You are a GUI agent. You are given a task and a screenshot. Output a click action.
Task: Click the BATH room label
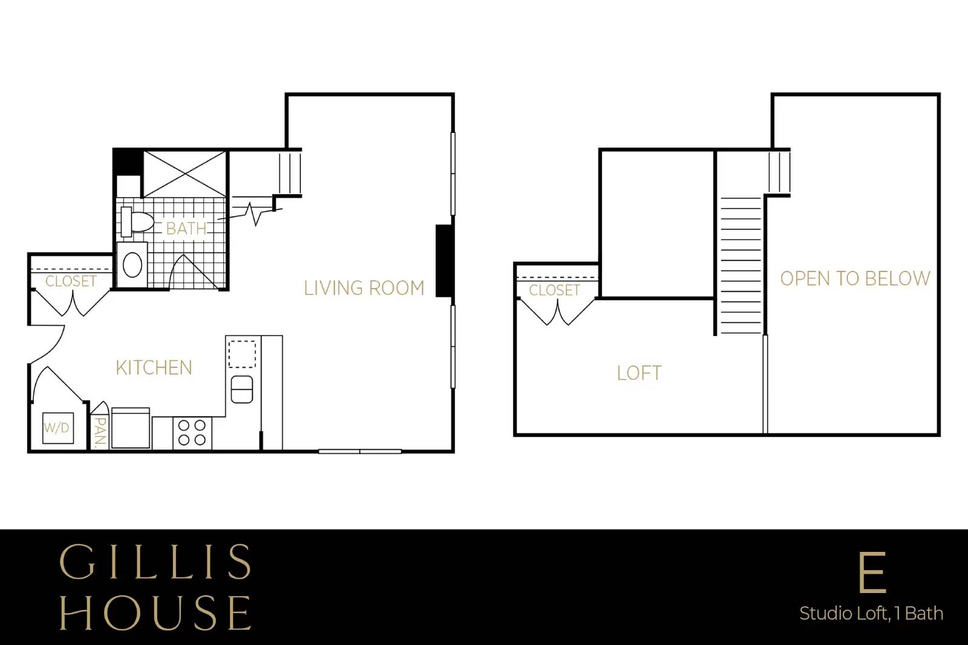click(186, 229)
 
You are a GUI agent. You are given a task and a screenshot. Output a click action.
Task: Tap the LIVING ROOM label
click(364, 288)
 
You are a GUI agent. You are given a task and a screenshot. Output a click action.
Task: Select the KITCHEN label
click(154, 368)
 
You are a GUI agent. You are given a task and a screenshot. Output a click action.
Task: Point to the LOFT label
click(639, 373)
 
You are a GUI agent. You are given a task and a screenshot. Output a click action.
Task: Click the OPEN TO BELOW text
click(855, 279)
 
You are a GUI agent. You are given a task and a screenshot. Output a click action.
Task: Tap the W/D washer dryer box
click(58, 428)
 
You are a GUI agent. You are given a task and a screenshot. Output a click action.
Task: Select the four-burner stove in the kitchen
click(192, 433)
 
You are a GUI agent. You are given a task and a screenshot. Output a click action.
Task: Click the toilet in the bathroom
click(137, 222)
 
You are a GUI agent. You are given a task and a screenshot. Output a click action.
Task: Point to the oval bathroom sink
click(132, 265)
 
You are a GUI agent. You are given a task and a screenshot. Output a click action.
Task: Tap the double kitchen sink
click(242, 389)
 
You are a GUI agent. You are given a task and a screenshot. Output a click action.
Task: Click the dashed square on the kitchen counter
click(242, 354)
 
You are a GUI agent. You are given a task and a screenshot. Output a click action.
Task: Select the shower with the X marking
click(185, 174)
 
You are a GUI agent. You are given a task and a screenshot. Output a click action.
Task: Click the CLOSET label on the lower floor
click(71, 282)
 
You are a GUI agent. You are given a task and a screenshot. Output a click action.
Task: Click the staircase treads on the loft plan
click(741, 265)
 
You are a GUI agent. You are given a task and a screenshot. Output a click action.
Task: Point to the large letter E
click(872, 572)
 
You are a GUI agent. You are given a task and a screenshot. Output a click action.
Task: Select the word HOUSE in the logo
click(155, 612)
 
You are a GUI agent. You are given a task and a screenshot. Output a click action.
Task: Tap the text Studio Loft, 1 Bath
click(871, 614)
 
